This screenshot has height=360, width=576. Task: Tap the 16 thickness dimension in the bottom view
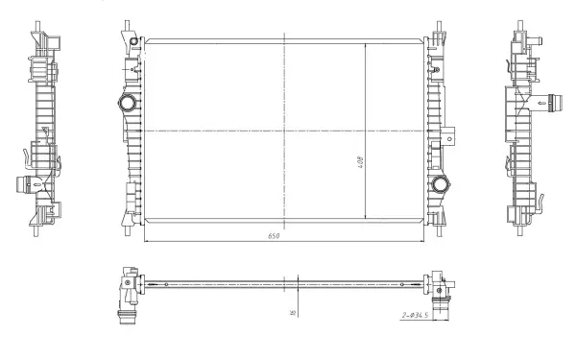click(x=292, y=310)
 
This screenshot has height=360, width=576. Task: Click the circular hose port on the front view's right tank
click(x=441, y=184)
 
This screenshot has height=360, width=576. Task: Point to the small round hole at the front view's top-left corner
click(x=135, y=40)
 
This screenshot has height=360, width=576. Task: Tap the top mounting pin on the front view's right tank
click(x=439, y=26)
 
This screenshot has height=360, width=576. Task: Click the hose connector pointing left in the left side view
click(x=24, y=185)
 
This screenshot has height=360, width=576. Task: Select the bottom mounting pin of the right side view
click(x=522, y=230)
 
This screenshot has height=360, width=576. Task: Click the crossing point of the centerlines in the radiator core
click(x=285, y=130)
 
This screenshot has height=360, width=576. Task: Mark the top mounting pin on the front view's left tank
click(x=127, y=26)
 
